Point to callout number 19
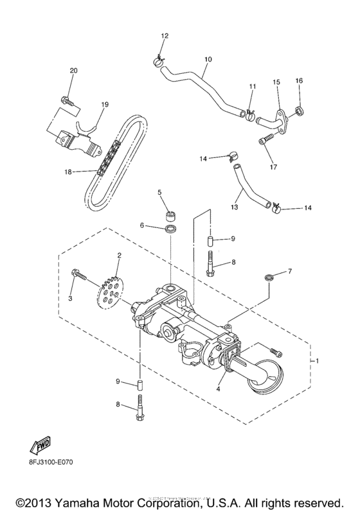pyautogui.click(x=105, y=103)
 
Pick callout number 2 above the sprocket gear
pyautogui.click(x=118, y=256)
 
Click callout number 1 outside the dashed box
pyautogui.click(x=317, y=362)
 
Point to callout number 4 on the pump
pyautogui.click(x=220, y=389)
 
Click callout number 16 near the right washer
pyautogui.click(x=298, y=80)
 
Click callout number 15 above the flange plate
pyautogui.click(x=276, y=82)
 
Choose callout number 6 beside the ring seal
pyautogui.click(x=143, y=225)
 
